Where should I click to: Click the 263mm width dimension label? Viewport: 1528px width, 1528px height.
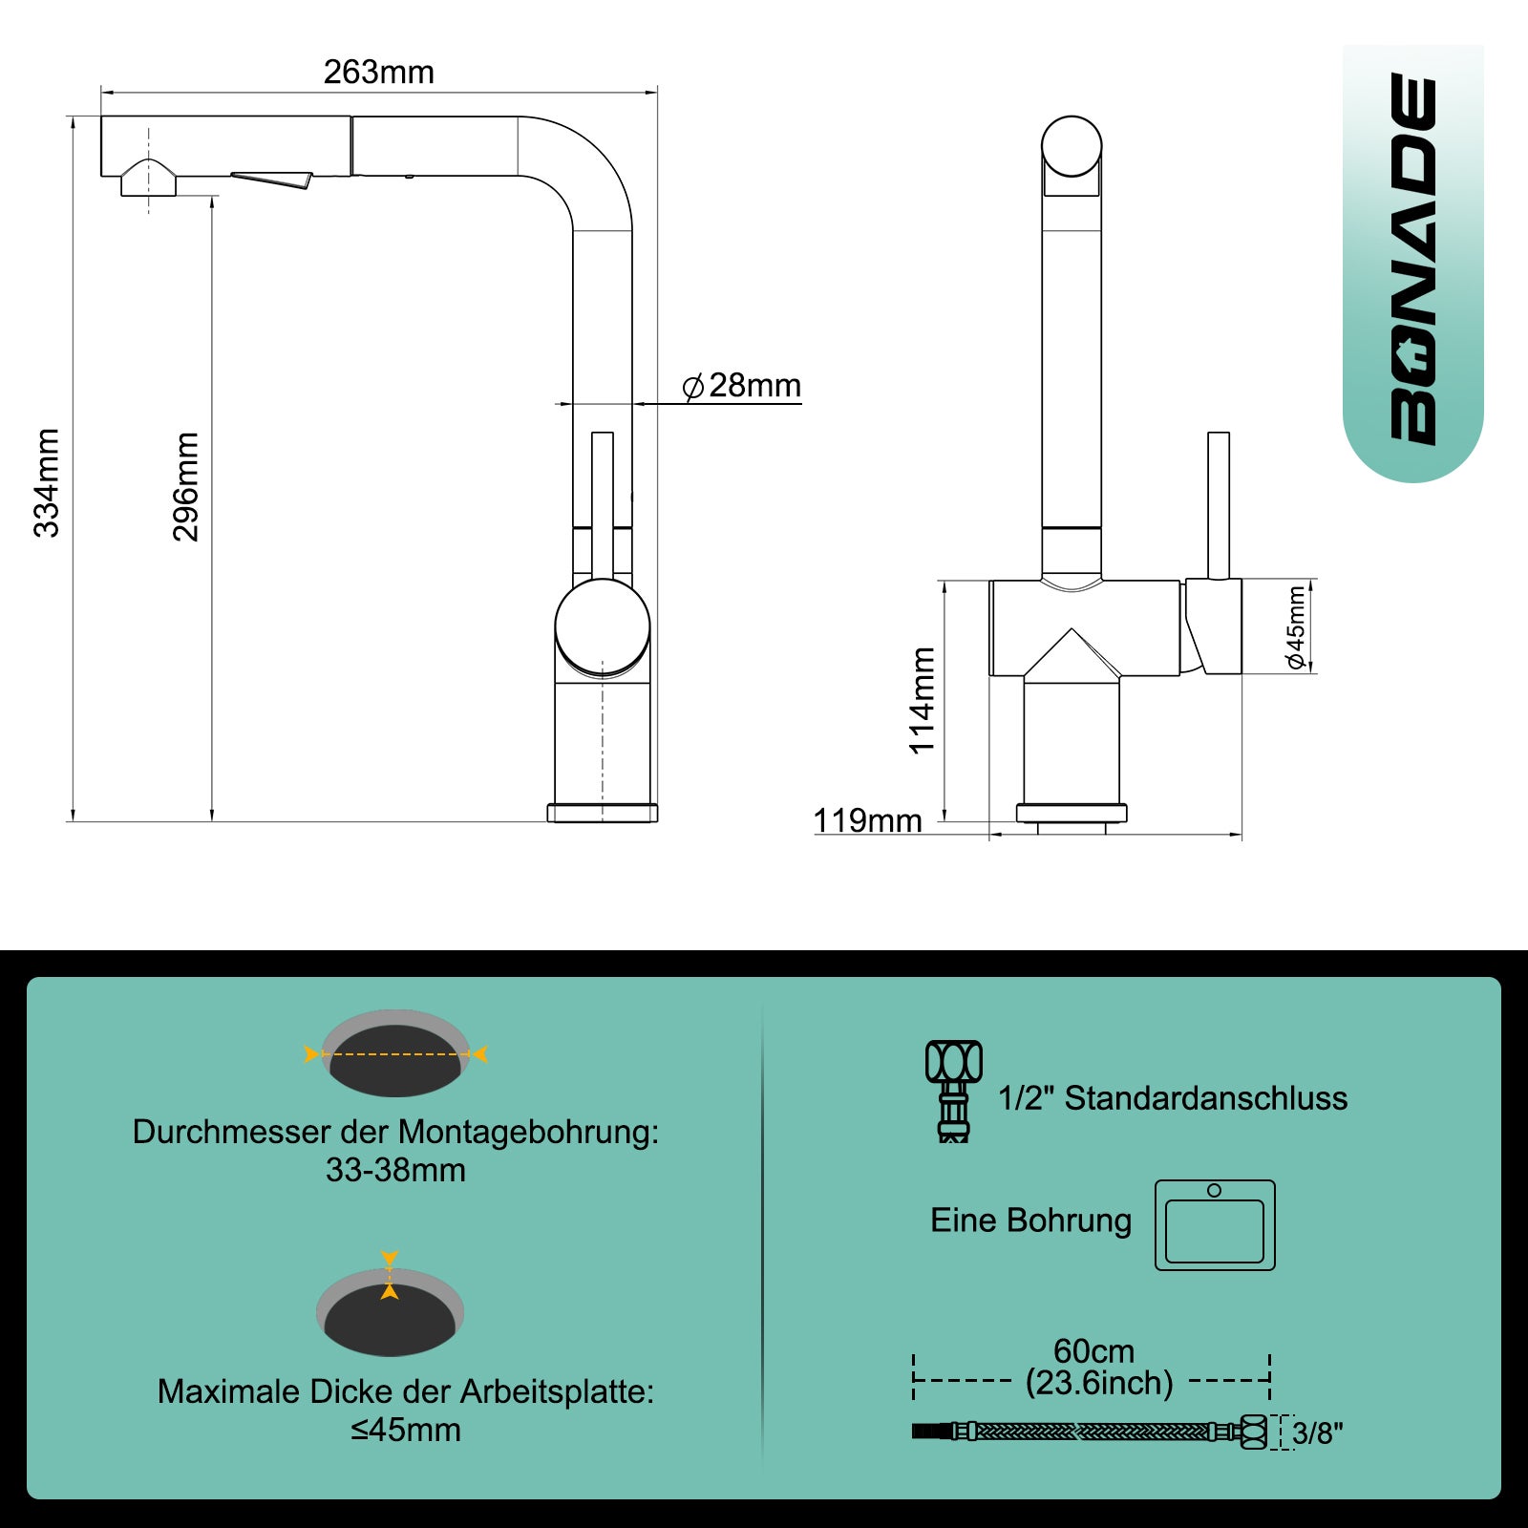point(379,72)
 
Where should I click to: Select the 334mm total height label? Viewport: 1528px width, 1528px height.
point(47,483)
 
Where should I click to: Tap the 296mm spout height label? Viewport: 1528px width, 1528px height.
point(185,487)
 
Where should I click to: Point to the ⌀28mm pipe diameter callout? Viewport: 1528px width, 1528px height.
point(741,386)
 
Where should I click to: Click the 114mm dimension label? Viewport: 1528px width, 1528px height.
point(922,701)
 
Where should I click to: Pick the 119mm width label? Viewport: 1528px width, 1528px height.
point(867,820)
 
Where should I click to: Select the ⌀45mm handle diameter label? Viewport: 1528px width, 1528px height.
point(1296,627)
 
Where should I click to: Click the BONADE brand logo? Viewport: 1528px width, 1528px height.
point(1413,260)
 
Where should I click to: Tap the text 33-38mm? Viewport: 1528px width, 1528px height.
point(395,1170)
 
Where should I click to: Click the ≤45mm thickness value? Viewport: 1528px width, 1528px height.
point(406,1430)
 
